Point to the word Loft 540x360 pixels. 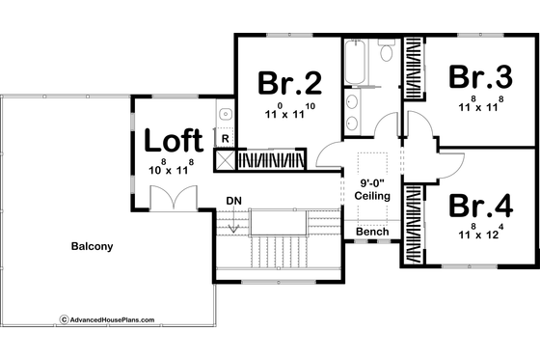click(x=175, y=140)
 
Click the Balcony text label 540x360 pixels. click(x=92, y=246)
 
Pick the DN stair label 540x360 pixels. click(x=233, y=201)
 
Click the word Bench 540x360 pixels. click(x=372, y=233)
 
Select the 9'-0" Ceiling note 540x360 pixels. click(x=371, y=188)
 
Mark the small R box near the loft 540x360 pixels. click(x=225, y=139)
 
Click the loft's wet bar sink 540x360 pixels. click(x=226, y=114)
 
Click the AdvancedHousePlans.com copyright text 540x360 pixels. click(x=106, y=318)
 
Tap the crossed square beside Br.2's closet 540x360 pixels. click(x=225, y=160)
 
